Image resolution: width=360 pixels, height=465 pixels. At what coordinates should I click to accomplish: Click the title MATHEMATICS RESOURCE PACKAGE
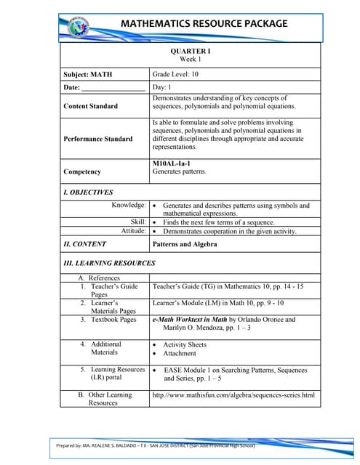pos(203,23)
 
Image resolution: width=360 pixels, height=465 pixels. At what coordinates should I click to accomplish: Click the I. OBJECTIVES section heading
pos(89,193)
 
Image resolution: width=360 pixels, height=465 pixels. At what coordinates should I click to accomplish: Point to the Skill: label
pos(138,222)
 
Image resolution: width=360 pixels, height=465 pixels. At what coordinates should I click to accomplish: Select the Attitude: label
pos(134,230)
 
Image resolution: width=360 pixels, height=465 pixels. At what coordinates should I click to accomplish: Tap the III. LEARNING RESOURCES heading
pos(110,262)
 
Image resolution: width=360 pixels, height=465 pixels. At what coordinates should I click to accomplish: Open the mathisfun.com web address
pos(233,395)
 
